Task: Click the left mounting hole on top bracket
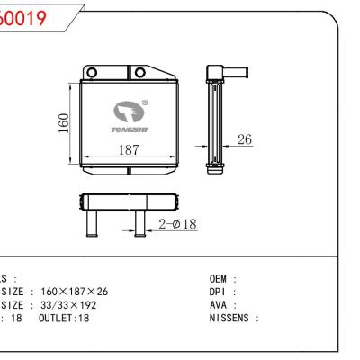(91, 72)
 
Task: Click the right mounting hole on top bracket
(139, 72)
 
